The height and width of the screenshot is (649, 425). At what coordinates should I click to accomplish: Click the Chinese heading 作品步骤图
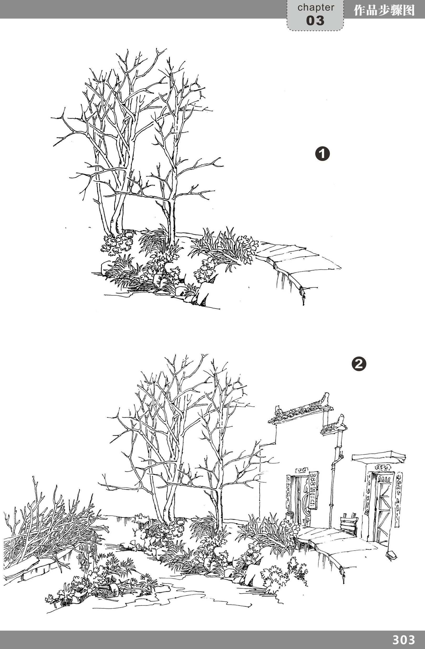click(384, 10)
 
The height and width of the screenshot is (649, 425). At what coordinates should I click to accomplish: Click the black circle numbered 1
click(323, 154)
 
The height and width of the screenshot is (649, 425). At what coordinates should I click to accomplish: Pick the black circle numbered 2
click(359, 364)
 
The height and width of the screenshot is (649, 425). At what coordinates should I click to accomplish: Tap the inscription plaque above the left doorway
click(301, 470)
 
